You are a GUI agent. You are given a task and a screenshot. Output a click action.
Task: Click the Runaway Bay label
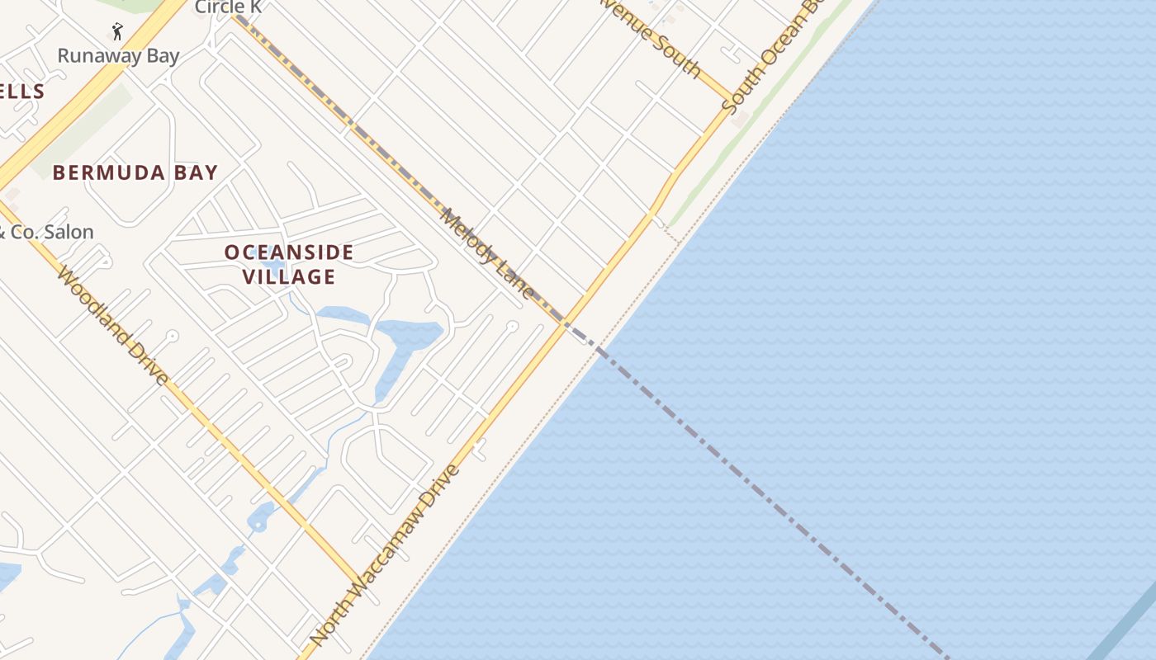click(x=118, y=56)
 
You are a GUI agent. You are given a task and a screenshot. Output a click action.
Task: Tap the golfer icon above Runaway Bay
click(x=117, y=32)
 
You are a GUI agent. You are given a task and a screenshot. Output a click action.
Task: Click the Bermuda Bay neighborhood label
click(x=135, y=172)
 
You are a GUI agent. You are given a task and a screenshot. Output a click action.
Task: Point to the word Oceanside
click(x=289, y=252)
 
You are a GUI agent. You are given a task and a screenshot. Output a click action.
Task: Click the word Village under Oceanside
click(x=289, y=276)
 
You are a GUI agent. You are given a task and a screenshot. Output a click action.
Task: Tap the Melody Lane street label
click(x=487, y=252)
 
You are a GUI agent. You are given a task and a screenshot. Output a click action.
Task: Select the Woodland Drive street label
click(x=113, y=326)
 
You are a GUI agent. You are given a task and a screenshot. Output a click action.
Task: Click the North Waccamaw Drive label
click(x=385, y=554)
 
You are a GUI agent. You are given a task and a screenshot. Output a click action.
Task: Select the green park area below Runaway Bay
click(x=83, y=132)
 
